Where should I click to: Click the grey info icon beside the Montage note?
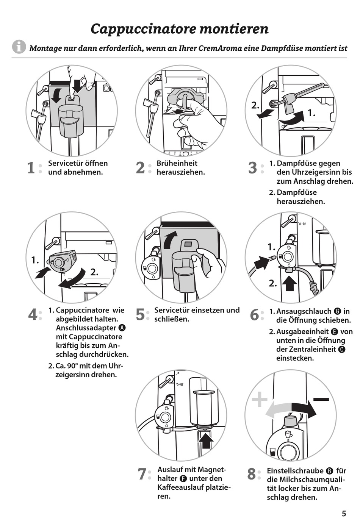coord(19,47)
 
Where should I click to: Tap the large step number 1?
coord(31,168)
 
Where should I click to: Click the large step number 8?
coord(252,474)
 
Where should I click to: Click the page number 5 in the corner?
coord(344,514)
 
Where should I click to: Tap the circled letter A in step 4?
coord(122,328)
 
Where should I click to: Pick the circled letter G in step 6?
coord(338,311)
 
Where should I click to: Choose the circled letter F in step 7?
coord(184,479)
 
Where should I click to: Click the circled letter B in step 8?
coord(330,471)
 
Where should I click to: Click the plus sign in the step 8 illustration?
coord(260,400)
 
